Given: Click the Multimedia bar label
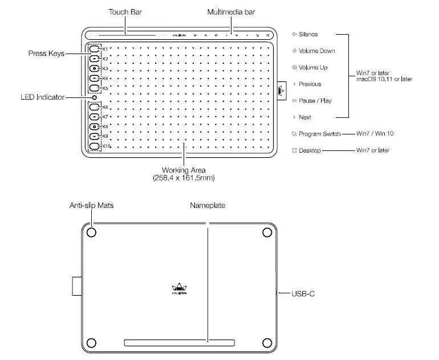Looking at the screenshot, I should coord(231,12).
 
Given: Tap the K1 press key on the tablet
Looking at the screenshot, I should coord(95,49).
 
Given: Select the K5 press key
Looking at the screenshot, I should coord(95,88).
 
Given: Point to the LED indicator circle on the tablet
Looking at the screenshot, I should coord(94,97).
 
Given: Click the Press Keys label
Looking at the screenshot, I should coord(46,54).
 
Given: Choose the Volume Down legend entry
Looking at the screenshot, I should coord(316,51).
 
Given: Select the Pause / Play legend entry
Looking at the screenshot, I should coord(315,101).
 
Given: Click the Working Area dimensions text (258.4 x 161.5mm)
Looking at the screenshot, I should coord(184,178).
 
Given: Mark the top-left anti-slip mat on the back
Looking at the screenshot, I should coord(92,232).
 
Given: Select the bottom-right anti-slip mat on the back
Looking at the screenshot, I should coord(267,343).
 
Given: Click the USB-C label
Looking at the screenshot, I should coord(303,294).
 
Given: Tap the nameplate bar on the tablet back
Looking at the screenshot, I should coord(179,343).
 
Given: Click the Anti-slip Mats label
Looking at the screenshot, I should coord(91,205).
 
